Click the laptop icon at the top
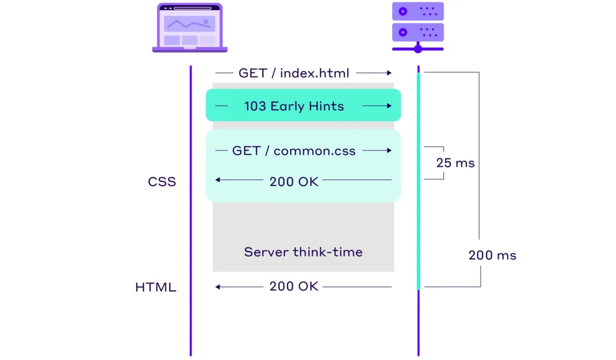189,28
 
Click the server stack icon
417,27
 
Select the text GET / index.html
294,73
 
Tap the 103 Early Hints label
294,106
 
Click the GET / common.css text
294,151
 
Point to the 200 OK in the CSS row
294,181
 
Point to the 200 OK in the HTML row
294,287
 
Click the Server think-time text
303,252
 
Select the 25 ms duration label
455,163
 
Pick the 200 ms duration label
492,255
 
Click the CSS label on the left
162,181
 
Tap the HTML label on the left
155,287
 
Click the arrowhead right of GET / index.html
389,73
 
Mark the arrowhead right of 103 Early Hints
389,106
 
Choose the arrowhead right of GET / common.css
389,151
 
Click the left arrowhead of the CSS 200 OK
218,180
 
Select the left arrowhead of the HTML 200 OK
218,287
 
